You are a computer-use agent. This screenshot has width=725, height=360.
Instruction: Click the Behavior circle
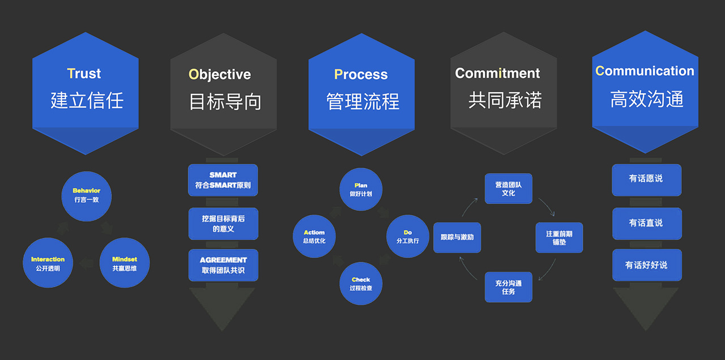click(87, 196)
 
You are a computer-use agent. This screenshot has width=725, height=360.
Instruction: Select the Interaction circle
click(48, 263)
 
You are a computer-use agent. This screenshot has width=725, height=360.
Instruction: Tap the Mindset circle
click(125, 263)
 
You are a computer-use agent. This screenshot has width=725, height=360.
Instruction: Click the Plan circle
click(361, 189)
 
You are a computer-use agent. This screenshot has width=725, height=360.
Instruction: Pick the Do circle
click(408, 236)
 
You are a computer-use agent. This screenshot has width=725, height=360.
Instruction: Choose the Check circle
click(361, 284)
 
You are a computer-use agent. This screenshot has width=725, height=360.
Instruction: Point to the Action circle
click(314, 236)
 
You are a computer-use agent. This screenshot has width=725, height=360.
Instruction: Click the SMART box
click(223, 180)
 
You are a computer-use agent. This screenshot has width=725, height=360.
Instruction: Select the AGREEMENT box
click(223, 265)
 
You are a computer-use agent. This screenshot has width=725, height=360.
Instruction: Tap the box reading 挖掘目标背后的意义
click(223, 224)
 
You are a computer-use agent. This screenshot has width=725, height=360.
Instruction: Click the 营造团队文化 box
click(509, 188)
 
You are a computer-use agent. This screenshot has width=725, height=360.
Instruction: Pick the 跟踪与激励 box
click(457, 237)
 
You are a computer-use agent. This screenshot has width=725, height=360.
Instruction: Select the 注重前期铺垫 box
click(559, 237)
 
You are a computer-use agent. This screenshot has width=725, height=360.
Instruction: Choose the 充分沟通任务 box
click(509, 287)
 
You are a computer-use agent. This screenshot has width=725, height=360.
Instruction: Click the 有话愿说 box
click(647, 180)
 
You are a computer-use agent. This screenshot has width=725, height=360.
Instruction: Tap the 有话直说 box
click(647, 224)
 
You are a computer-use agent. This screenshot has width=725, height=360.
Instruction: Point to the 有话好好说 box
click(647, 265)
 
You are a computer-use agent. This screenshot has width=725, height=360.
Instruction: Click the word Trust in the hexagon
click(84, 74)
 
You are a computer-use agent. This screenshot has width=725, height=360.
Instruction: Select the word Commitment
click(497, 73)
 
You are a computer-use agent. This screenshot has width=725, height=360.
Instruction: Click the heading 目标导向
click(225, 101)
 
